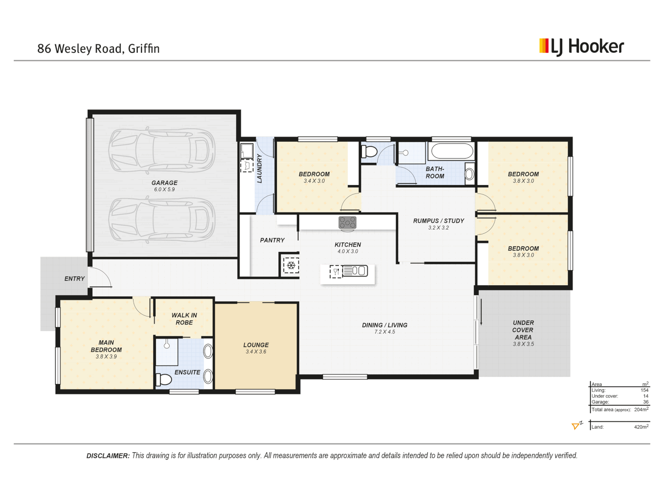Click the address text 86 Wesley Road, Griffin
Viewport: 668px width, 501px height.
98,49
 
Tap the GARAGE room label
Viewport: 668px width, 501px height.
164,183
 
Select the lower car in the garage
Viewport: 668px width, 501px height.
162,220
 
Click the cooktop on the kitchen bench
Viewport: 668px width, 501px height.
347,223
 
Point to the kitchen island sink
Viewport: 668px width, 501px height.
355,271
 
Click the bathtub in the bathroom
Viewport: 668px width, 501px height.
452,151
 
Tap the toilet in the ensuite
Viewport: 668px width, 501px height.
164,379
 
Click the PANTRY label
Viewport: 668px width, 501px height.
272,240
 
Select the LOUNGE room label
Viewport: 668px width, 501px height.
256,345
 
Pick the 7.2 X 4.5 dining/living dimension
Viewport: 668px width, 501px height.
385,332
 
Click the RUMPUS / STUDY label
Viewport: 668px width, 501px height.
438,221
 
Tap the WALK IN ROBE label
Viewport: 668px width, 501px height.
184,319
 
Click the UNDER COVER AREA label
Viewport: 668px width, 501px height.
523,330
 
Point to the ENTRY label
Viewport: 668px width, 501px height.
74,279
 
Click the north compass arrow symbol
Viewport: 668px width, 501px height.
577,425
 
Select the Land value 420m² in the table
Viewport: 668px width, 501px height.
641,427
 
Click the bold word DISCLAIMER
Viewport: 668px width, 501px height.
108,456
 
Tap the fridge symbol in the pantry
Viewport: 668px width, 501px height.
291,265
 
